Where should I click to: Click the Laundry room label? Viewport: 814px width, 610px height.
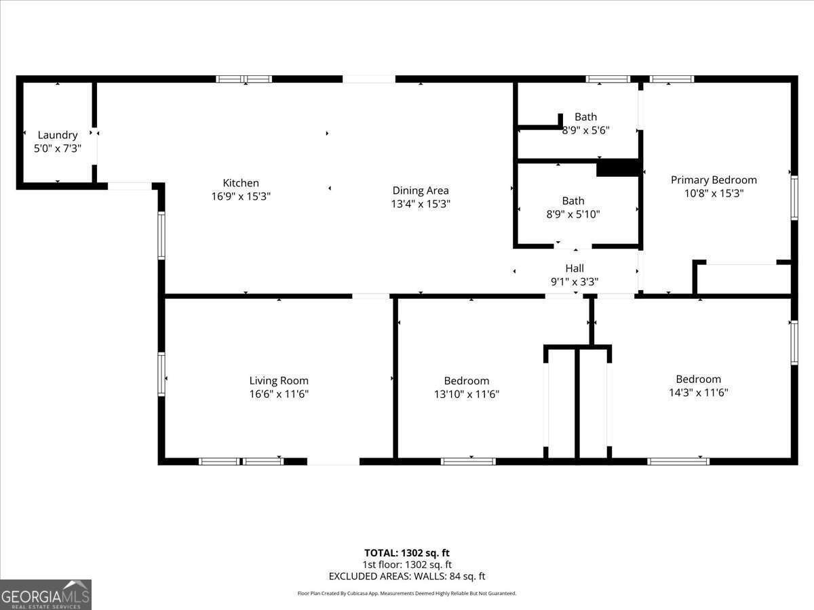(x=58, y=135)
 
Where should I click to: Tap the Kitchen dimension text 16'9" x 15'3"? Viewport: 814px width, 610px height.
(x=241, y=197)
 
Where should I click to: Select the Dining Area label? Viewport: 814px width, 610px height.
(x=421, y=190)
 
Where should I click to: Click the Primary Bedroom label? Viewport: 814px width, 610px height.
(x=714, y=180)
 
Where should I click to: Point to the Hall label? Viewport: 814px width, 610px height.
(x=575, y=268)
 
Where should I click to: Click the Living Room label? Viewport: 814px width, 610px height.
(x=279, y=381)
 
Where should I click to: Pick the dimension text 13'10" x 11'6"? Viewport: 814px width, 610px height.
(x=467, y=394)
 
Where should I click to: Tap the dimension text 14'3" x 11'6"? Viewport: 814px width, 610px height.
(x=698, y=392)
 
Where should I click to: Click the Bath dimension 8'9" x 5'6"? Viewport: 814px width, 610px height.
(x=585, y=130)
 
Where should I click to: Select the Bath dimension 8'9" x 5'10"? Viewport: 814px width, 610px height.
(x=573, y=214)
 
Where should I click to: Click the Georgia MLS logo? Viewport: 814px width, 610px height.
(x=45, y=594)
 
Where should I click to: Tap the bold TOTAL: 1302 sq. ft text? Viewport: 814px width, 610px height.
(x=407, y=553)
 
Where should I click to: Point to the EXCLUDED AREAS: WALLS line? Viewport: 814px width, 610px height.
(x=407, y=577)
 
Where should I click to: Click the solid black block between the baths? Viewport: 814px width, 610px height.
(x=617, y=168)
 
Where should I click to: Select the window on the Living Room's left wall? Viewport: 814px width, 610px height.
(x=161, y=373)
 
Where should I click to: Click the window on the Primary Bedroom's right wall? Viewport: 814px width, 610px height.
(x=794, y=198)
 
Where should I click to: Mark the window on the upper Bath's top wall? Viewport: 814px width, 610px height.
(x=608, y=79)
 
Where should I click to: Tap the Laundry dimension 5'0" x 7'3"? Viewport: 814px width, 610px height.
(x=58, y=148)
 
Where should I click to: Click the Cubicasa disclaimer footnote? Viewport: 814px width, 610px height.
(x=407, y=593)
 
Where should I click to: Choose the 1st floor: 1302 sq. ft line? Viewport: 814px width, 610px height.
(x=407, y=565)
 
